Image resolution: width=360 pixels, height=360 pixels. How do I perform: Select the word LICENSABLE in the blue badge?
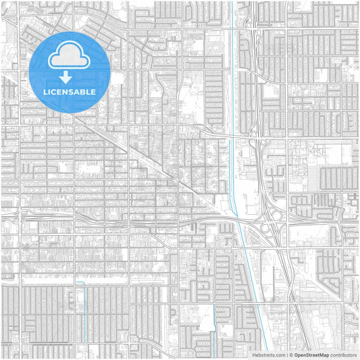[70, 92]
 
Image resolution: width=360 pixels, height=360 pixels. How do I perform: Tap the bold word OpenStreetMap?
[311, 354]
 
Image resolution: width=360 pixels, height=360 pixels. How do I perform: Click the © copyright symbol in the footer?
[290, 354]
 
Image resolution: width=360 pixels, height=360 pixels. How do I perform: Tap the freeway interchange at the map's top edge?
[250, 27]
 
